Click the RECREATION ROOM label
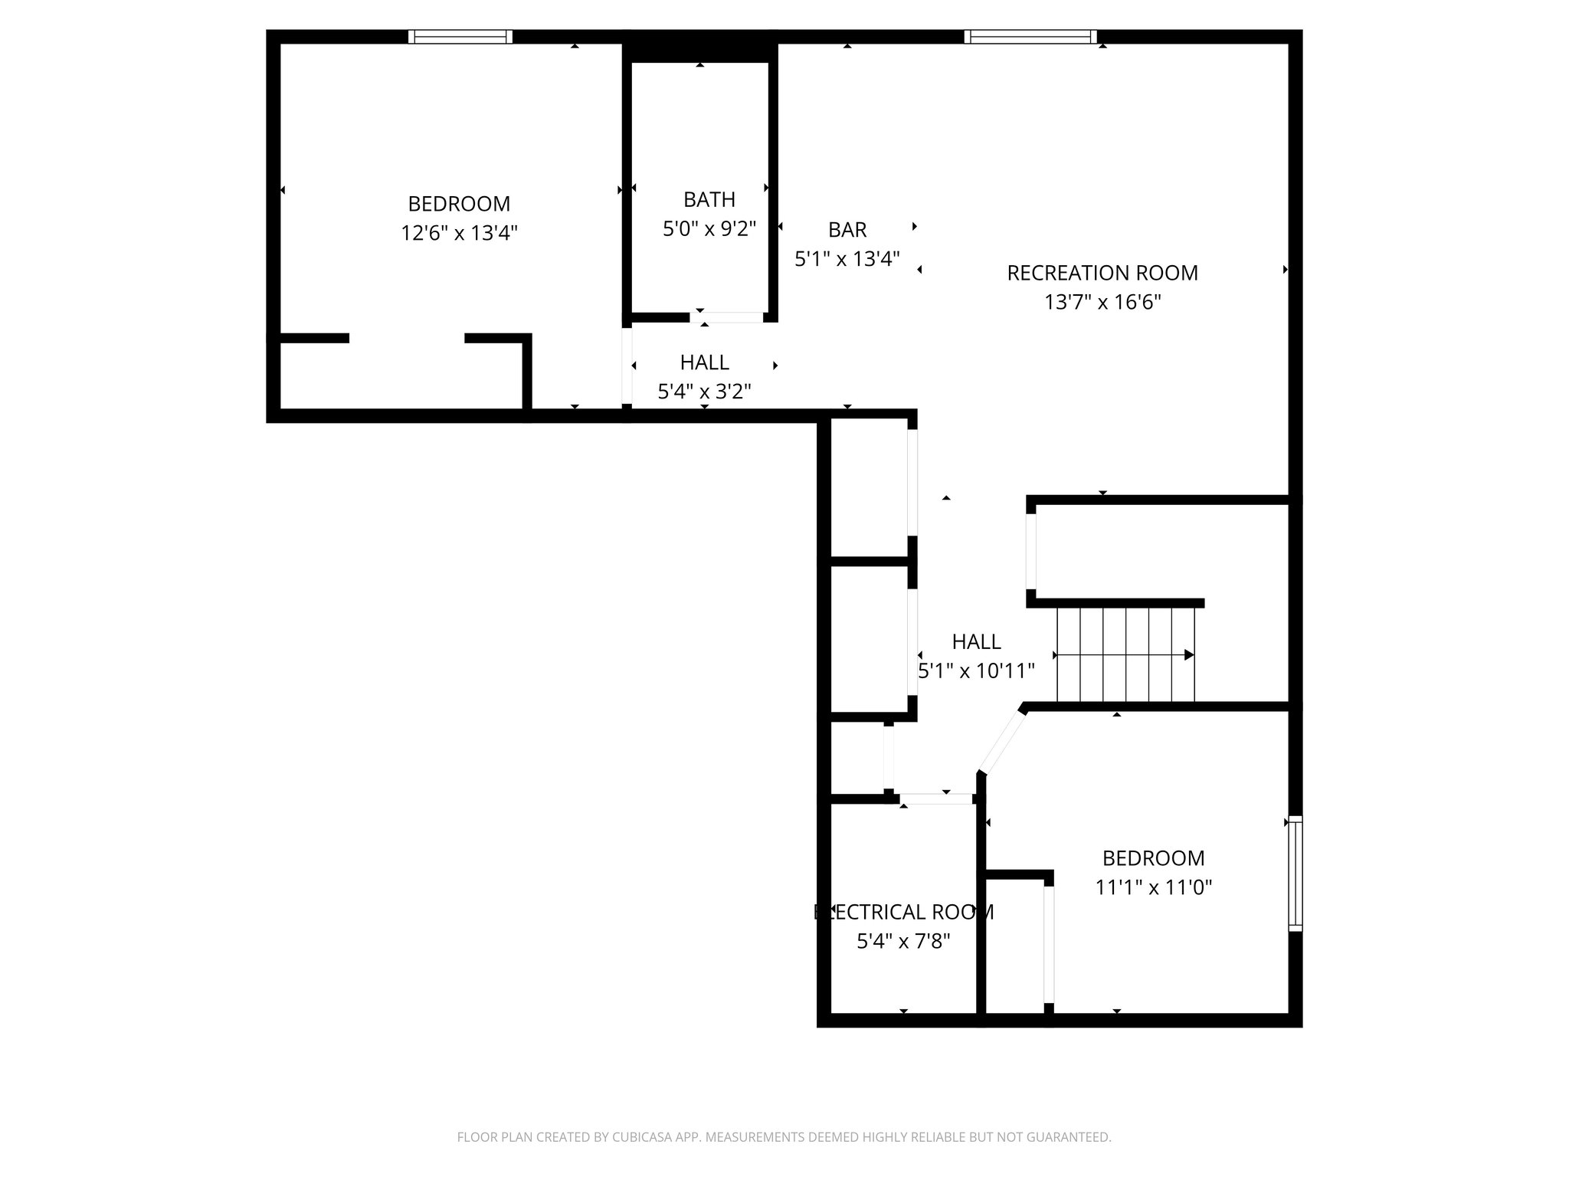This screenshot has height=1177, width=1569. (x=1102, y=273)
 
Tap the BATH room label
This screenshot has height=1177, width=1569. (x=709, y=199)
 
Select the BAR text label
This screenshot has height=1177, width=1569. (x=847, y=229)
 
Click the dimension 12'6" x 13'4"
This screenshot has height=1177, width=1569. (x=459, y=233)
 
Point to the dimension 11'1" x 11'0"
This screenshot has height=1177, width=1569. (x=1153, y=887)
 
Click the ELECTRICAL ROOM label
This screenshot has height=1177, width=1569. (x=903, y=912)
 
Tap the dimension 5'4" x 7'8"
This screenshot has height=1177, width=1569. (x=903, y=941)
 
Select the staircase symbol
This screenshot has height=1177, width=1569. (x=1125, y=654)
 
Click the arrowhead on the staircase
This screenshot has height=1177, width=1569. (x=1189, y=654)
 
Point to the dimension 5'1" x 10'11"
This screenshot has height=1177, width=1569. (x=976, y=671)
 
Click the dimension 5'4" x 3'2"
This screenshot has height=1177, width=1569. (x=704, y=392)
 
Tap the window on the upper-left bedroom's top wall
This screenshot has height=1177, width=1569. (x=460, y=36)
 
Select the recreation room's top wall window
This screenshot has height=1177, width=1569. (x=1030, y=36)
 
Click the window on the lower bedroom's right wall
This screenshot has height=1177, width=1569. (x=1295, y=874)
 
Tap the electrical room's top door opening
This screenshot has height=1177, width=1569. (x=936, y=798)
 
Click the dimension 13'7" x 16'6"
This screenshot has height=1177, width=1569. (x=1102, y=302)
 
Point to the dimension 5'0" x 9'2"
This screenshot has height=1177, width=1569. (x=709, y=228)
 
